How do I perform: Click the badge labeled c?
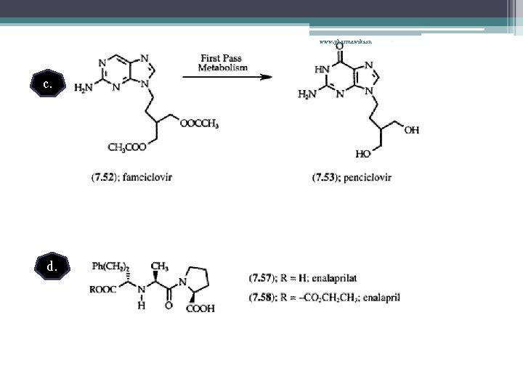click(47, 86)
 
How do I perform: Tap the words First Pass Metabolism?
click(223, 63)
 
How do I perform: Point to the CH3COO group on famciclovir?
click(126, 147)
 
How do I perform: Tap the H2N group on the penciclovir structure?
click(308, 94)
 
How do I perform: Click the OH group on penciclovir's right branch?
click(412, 130)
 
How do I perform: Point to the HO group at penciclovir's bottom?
click(362, 154)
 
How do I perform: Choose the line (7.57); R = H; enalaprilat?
click(303, 278)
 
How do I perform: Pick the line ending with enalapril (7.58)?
click(324, 296)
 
